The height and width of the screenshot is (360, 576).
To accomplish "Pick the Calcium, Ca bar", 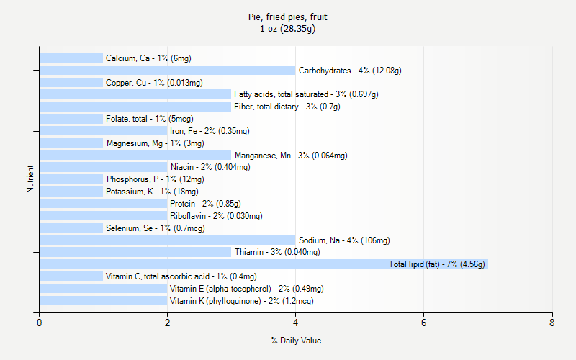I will coord(71,58).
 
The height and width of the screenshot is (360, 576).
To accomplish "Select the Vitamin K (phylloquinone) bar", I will coord(103,300).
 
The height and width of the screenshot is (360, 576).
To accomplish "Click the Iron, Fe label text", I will coord(210,131).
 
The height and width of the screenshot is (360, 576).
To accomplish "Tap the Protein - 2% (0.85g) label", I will coord(205,204).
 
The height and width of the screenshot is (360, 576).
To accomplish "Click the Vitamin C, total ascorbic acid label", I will coord(181,276).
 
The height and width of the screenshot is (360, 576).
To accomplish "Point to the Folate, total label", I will coord(149,119).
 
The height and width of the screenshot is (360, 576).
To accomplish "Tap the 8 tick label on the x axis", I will coord(552,323).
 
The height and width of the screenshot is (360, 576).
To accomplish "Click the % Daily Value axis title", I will coord(296,341).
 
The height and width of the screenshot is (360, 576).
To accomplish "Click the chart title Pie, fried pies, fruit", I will coord(288,17).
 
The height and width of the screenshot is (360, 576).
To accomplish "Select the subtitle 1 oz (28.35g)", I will coord(288,29).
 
